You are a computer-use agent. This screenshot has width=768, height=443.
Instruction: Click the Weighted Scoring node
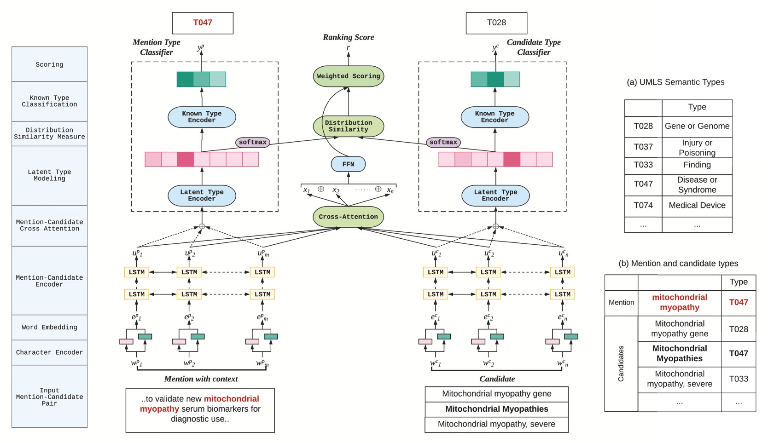[x=348, y=76]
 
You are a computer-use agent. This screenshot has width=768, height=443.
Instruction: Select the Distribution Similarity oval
[x=348, y=126]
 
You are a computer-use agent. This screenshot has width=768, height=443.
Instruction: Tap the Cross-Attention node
[x=348, y=217]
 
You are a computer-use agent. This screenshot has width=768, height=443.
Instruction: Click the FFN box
[x=348, y=164]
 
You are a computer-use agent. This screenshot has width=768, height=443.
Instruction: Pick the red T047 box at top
[x=203, y=23]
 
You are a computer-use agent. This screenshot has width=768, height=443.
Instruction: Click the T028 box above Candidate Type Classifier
[x=496, y=23]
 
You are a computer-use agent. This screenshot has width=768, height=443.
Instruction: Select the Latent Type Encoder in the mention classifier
[x=202, y=196]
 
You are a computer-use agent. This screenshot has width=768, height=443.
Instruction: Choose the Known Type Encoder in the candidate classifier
[x=495, y=117]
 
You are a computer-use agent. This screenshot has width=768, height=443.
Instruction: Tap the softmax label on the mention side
[x=252, y=142]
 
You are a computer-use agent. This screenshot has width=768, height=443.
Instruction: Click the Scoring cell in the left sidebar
[x=49, y=64]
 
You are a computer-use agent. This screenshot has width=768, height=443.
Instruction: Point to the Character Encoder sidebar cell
[x=49, y=352]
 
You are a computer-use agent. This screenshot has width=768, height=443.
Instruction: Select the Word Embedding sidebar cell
[x=49, y=327]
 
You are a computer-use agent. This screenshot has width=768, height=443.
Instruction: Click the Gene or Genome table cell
[x=697, y=126]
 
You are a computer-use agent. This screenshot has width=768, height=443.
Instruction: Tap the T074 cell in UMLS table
[x=643, y=206]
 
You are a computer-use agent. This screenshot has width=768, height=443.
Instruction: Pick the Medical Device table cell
[x=697, y=206]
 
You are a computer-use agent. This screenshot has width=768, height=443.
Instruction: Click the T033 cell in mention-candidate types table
[x=738, y=379]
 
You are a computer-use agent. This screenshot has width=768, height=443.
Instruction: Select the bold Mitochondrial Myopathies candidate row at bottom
[x=496, y=409]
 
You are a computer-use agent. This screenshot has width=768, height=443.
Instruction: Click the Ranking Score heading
[x=348, y=37]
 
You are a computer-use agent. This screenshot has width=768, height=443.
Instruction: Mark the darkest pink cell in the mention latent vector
[x=186, y=159]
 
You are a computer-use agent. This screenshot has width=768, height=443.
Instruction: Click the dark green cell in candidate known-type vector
[x=495, y=79]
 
